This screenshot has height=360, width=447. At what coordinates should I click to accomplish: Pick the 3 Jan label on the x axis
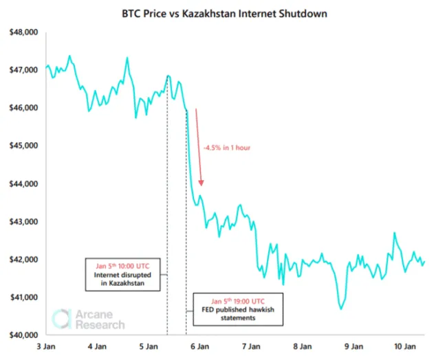(x=46, y=347)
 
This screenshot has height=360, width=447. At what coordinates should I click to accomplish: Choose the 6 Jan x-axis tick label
(x=199, y=347)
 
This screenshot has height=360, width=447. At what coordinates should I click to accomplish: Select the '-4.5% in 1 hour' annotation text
(x=226, y=147)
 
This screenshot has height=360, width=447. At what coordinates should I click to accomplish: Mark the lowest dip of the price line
(x=341, y=308)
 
